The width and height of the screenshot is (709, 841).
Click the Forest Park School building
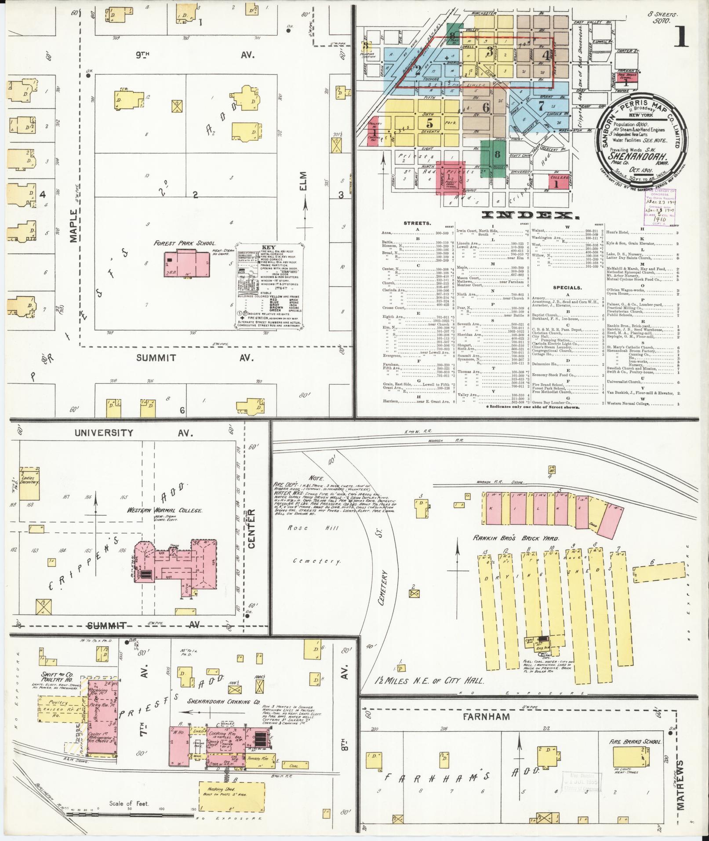pos(187,264)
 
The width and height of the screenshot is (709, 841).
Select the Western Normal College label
pos(165,511)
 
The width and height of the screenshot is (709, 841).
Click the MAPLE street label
pos(73,226)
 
